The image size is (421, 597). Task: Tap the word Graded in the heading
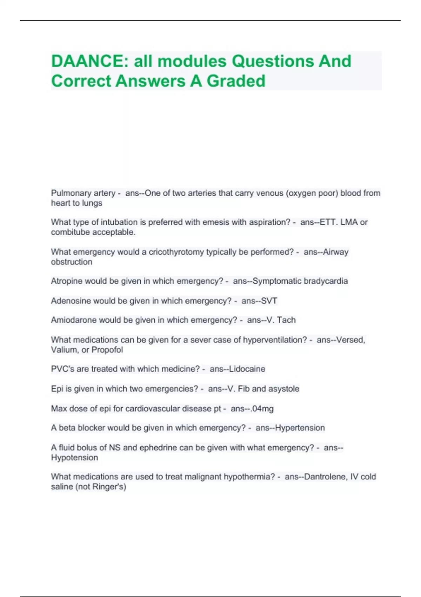(x=236, y=81)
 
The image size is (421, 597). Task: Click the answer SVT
(x=269, y=301)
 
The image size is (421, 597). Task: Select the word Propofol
(x=107, y=350)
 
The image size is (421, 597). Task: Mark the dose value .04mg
(x=262, y=409)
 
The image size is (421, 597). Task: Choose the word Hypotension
(x=74, y=458)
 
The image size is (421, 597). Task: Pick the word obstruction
(x=72, y=262)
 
